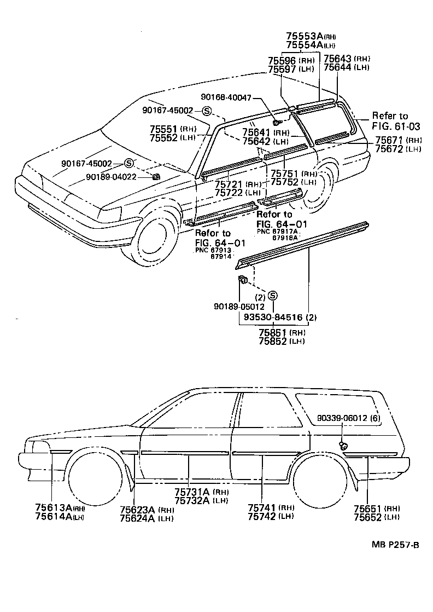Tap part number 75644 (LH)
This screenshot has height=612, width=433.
[x=338, y=68]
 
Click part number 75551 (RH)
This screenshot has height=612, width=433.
[x=166, y=129]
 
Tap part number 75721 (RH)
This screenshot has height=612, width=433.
[x=230, y=184]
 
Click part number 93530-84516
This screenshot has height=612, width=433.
[x=269, y=316]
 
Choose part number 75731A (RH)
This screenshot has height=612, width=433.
[x=194, y=493]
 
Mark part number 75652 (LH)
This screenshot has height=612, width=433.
[x=368, y=517]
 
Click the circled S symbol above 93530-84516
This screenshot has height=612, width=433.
[x=273, y=296]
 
